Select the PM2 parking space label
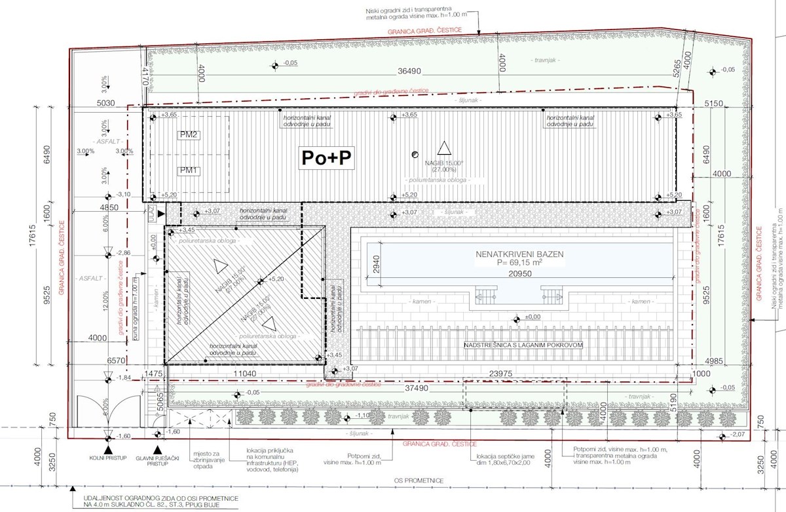tap(190, 134)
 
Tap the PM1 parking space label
tap(190, 170)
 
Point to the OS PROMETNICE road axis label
tap(419, 481)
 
